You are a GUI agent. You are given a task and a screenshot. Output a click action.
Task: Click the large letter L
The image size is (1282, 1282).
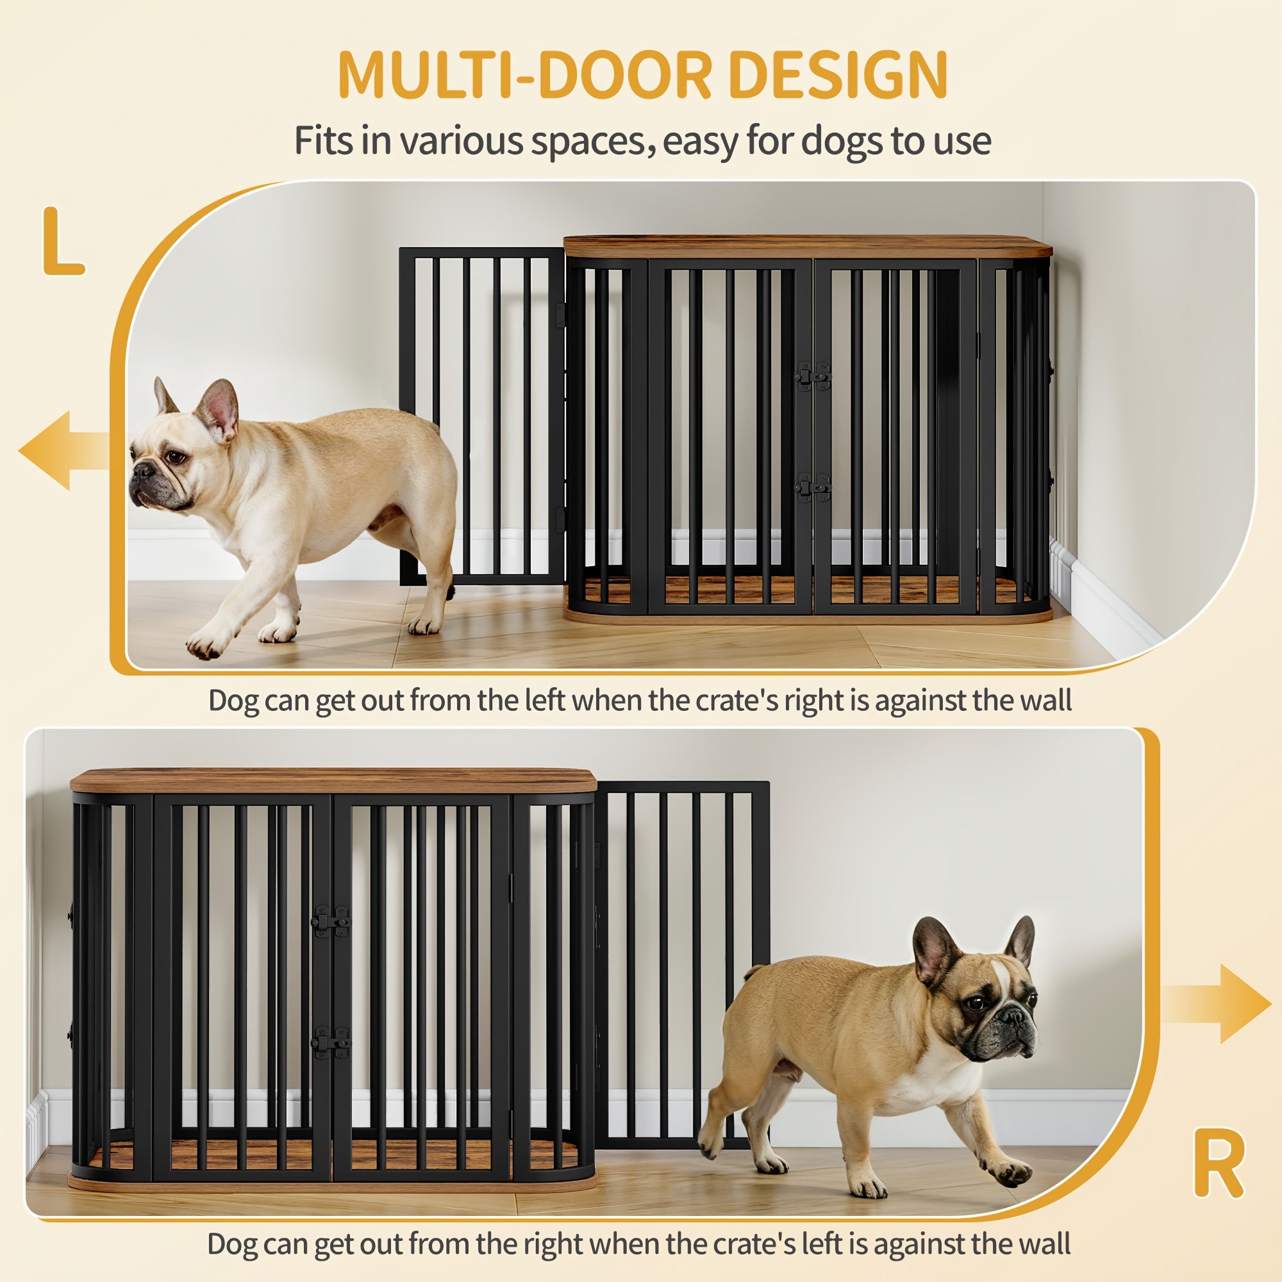[x=62, y=242]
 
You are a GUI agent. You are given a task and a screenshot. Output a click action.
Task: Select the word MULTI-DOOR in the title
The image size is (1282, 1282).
[x=524, y=74]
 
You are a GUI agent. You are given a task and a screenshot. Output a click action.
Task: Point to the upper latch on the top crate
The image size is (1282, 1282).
[x=813, y=376]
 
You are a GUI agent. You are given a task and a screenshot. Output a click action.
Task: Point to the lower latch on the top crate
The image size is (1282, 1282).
[x=813, y=488]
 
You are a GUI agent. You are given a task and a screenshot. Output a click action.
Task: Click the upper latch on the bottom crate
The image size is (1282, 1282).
[x=331, y=921]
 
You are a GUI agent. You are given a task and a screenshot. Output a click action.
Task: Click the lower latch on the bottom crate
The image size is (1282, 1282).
[x=331, y=1042]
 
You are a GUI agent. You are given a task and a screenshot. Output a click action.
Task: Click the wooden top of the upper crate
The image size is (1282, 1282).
[x=808, y=247]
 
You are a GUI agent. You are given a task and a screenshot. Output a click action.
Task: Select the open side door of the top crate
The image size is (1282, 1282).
[x=483, y=417]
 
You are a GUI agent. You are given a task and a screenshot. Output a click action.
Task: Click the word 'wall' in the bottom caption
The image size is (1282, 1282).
[x=1045, y=1244]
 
